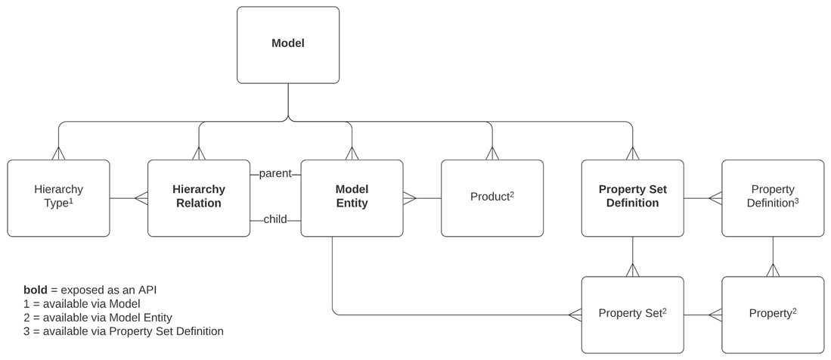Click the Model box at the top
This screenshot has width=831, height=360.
tap(288, 45)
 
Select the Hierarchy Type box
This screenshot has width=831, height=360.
tap(58, 197)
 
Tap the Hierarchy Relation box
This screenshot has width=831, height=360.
tap(199, 197)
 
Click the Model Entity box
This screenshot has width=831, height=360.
tap(352, 197)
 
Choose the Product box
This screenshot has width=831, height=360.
tap(491, 197)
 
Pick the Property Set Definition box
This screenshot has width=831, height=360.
tap(632, 197)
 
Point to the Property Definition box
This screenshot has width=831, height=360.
tap(773, 197)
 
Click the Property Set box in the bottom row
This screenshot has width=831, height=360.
tap(632, 314)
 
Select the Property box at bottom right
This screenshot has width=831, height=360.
tap(773, 314)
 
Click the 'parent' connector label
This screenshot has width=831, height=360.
tap(275, 174)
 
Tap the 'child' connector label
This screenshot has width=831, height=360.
tap(275, 220)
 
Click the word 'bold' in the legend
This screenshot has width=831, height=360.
tap(35, 290)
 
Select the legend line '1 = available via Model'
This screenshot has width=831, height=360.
tap(82, 304)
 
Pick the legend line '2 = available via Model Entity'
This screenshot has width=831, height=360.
tap(98, 318)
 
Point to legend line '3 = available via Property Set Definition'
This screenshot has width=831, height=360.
tap(123, 331)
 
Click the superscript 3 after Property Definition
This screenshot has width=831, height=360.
tap(796, 201)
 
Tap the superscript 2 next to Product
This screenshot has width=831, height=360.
tap(512, 194)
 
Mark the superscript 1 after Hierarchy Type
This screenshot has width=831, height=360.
tap(71, 201)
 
